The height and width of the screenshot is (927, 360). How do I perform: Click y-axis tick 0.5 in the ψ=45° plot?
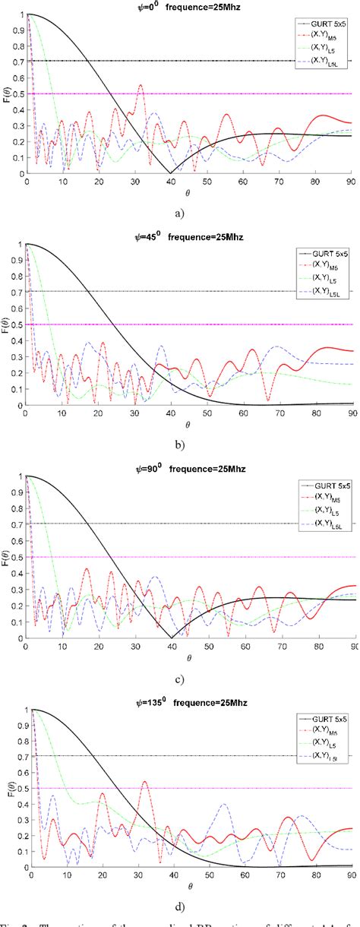[17, 324]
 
